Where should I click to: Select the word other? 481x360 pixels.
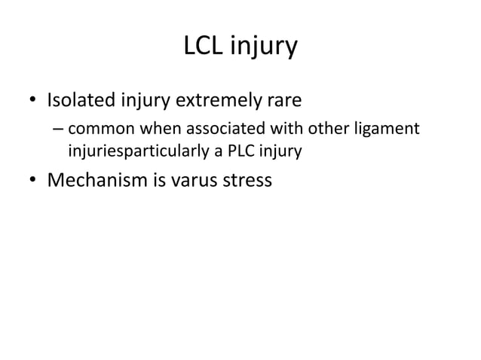[x=313, y=130]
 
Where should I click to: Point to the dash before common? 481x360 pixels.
[x=58, y=130]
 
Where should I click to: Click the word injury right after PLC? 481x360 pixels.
[x=277, y=152]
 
